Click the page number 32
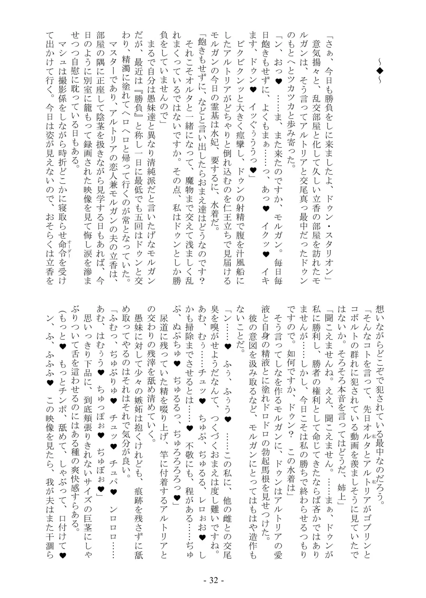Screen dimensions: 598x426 (213, 580)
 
